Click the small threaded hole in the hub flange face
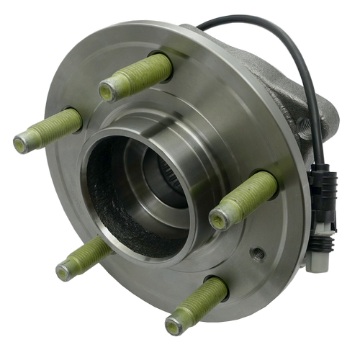[x=258, y=253]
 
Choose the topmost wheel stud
[x=136, y=78]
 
